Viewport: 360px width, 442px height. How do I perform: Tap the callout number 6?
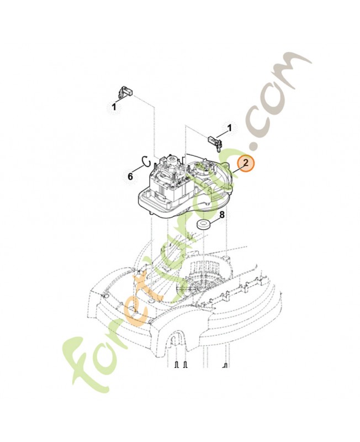tap(130, 177)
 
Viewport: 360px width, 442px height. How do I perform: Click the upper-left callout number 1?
tap(114, 107)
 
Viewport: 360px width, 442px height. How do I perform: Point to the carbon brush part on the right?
tap(216, 143)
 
